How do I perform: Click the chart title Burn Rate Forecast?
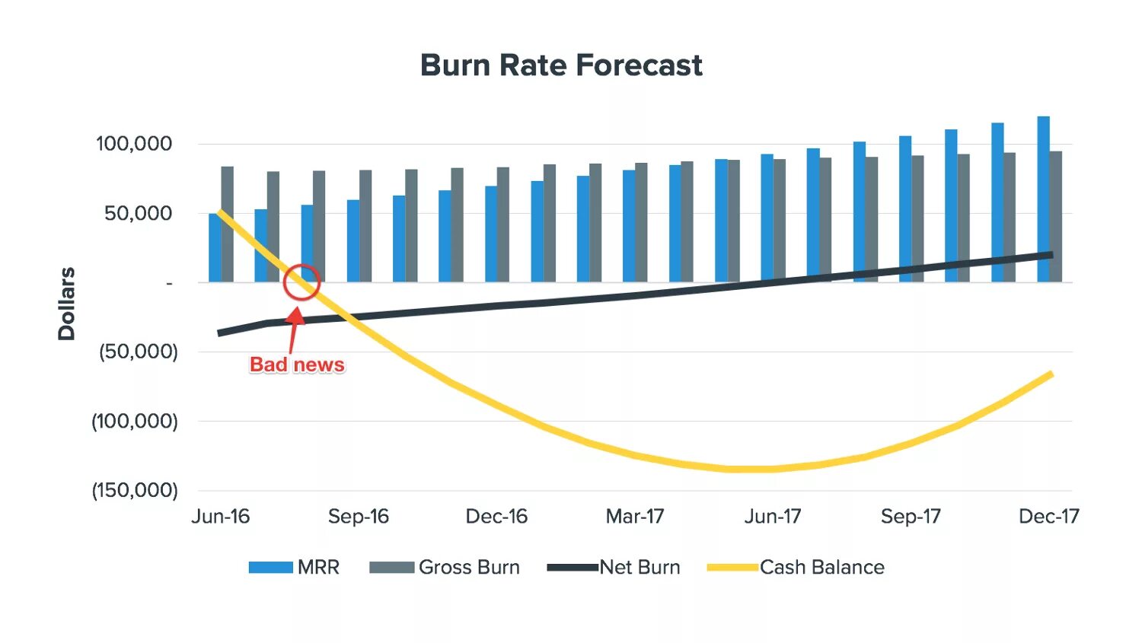pyautogui.click(x=561, y=65)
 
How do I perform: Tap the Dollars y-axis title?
pyautogui.click(x=67, y=304)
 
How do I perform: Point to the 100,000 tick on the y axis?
pyautogui.click(x=134, y=144)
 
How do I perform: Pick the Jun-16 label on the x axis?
pyautogui.click(x=220, y=517)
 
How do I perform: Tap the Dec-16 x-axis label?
pyautogui.click(x=496, y=517)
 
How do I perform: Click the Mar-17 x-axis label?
pyautogui.click(x=635, y=517)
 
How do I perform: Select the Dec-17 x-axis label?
pyautogui.click(x=1048, y=517)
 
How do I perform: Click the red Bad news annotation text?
pyautogui.click(x=297, y=365)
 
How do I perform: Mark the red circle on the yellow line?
pyautogui.click(x=301, y=282)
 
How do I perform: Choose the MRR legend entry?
pyautogui.click(x=294, y=568)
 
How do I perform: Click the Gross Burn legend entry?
pyautogui.click(x=445, y=568)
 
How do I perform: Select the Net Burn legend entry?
pyautogui.click(x=614, y=568)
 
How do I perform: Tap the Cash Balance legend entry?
pyautogui.click(x=796, y=568)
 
